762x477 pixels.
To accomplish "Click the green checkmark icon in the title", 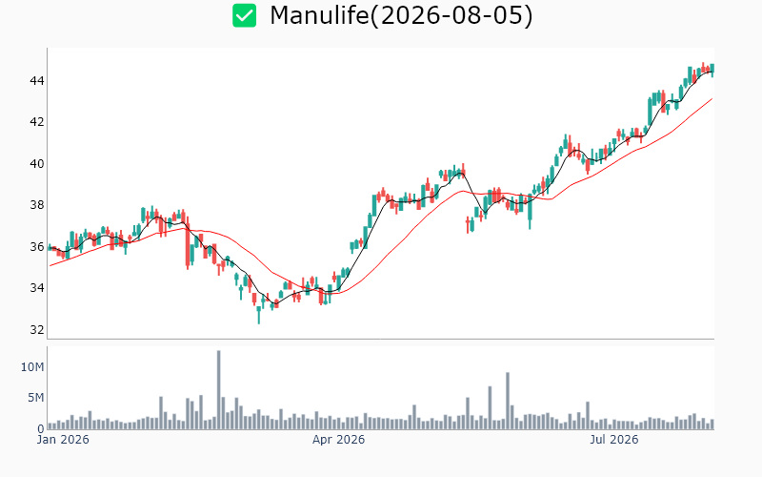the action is tap(244, 15).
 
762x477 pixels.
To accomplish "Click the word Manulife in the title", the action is tap(319, 15).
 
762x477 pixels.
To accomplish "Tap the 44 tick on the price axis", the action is tap(37, 80).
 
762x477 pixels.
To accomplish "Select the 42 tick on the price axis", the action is tap(37, 122).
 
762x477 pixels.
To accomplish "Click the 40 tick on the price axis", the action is tap(37, 163).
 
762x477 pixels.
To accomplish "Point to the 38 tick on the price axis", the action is tap(37, 205).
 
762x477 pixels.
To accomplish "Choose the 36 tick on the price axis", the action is tap(37, 247).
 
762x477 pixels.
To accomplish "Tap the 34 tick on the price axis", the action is tap(37, 288).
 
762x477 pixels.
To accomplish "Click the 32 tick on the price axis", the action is tap(37, 330).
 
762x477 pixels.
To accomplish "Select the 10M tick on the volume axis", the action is tap(32, 367).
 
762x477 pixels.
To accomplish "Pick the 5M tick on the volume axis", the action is tap(35, 398).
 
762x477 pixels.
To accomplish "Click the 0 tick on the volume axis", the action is tap(41, 428).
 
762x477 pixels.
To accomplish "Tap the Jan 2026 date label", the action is tap(63, 440).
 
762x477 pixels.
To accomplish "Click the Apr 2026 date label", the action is tap(338, 440).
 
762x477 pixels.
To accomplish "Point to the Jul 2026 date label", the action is tap(614, 440).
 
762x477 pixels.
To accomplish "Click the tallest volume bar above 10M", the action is tap(219, 389).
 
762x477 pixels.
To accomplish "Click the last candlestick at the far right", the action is tap(712, 70).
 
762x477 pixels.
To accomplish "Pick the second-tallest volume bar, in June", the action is tap(508, 401).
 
